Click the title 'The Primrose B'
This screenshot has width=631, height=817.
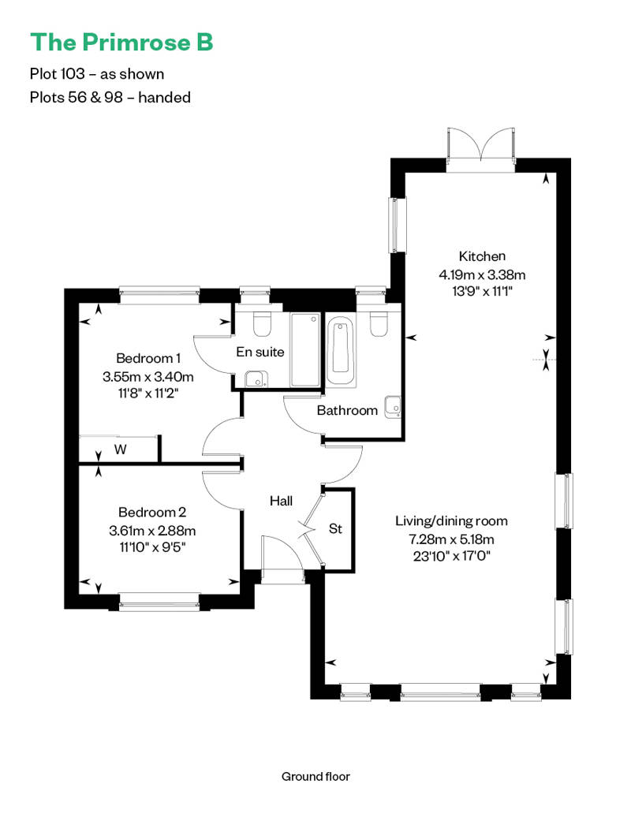pyautogui.click(x=121, y=43)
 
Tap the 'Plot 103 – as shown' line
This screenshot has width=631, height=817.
pyautogui.click(x=97, y=74)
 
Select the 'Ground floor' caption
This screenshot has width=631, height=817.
pyautogui.click(x=315, y=777)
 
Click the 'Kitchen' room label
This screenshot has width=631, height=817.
pyautogui.click(x=482, y=256)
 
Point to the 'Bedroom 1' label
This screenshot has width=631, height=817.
pyautogui.click(x=148, y=357)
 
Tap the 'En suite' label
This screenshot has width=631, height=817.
pyautogui.click(x=260, y=352)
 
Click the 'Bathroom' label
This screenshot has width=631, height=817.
pyautogui.click(x=347, y=410)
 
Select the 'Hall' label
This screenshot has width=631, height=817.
pyautogui.click(x=281, y=501)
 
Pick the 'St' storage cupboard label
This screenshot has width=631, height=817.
pyautogui.click(x=336, y=528)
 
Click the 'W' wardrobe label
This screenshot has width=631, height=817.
pyautogui.click(x=120, y=450)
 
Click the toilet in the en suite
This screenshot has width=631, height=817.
pyautogui.click(x=261, y=323)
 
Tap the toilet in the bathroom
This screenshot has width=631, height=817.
pyautogui.click(x=378, y=323)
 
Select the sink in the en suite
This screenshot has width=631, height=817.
pyautogui.click(x=255, y=379)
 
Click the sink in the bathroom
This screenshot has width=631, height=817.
pyautogui.click(x=392, y=406)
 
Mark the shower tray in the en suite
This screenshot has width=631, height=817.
pyautogui.click(x=305, y=350)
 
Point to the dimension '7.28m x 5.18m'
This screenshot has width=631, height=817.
pyautogui.click(x=450, y=539)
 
